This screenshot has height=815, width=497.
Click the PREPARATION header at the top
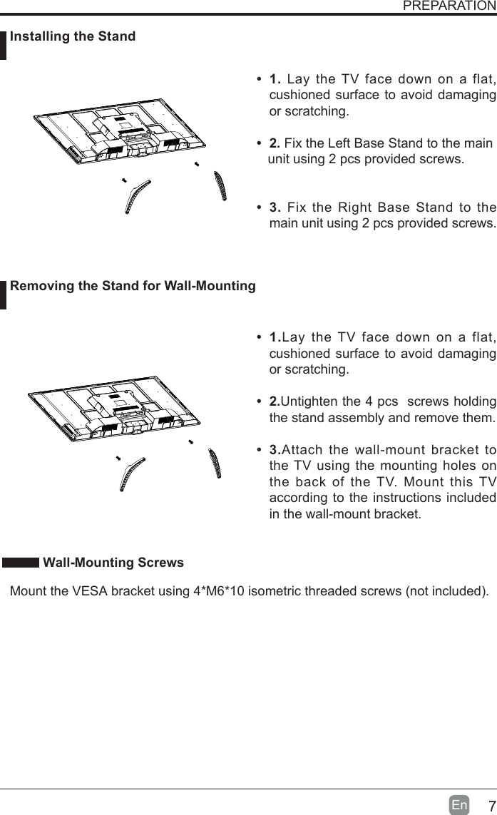[x=449, y=6]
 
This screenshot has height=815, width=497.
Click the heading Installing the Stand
[x=73, y=36]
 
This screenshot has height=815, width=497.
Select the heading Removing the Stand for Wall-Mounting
[x=133, y=286]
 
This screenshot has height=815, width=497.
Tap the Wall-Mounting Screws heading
[x=113, y=563]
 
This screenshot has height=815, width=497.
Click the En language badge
[x=460, y=806]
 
